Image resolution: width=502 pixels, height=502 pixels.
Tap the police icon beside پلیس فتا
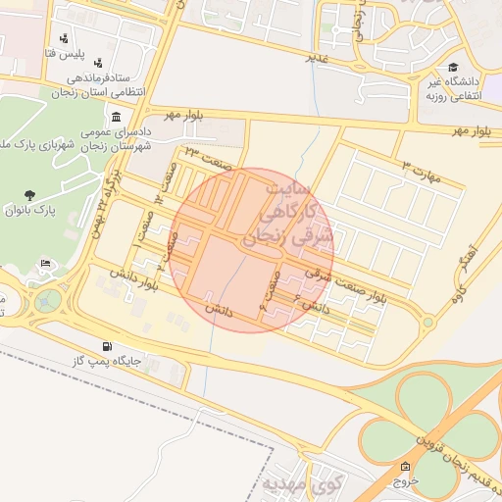pos(65,38)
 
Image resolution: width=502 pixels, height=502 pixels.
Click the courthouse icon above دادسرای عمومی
pos(117,117)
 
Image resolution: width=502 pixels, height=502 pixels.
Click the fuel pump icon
pos(106,346)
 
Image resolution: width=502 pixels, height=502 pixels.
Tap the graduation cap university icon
pos(453,68)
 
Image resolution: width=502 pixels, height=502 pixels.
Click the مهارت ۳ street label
pos(423,170)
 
